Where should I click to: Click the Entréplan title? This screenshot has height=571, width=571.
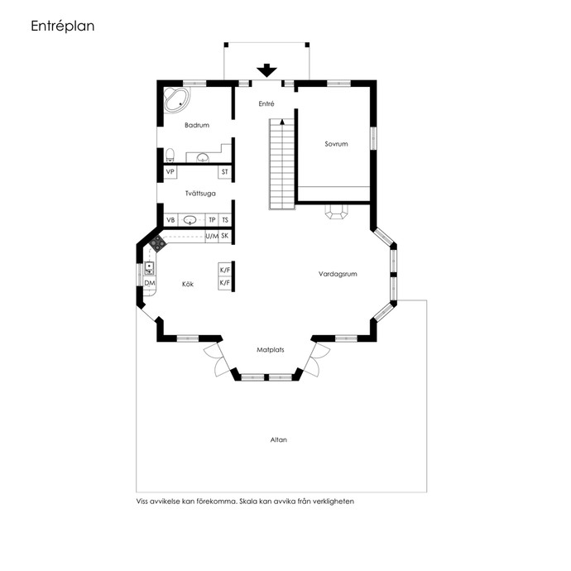click(63, 26)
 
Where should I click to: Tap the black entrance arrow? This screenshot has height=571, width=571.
click(266, 70)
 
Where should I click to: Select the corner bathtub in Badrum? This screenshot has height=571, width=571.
click(176, 99)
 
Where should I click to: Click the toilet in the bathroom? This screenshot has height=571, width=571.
click(170, 155)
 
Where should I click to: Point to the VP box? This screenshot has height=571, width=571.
click(170, 172)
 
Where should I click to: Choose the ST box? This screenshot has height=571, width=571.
click(225, 172)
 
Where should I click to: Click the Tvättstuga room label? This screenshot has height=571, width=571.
click(200, 194)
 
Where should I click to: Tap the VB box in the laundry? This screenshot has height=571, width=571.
click(170, 220)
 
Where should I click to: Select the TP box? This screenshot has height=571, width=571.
click(212, 220)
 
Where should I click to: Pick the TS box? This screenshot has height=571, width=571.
click(225, 220)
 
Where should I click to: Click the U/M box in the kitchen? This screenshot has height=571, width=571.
click(212, 237)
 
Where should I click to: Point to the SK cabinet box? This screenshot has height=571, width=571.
click(225, 236)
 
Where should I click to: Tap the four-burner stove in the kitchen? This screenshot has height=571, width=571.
click(158, 243)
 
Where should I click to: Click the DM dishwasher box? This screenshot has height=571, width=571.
click(150, 283)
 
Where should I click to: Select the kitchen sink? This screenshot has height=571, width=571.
click(149, 269)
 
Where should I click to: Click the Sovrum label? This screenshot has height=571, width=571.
click(336, 144)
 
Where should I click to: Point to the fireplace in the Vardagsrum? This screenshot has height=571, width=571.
click(337, 212)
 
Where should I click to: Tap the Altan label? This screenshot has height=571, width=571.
click(279, 440)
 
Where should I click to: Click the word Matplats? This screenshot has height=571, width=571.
click(271, 350)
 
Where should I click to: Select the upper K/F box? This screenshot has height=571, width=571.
click(225, 270)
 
